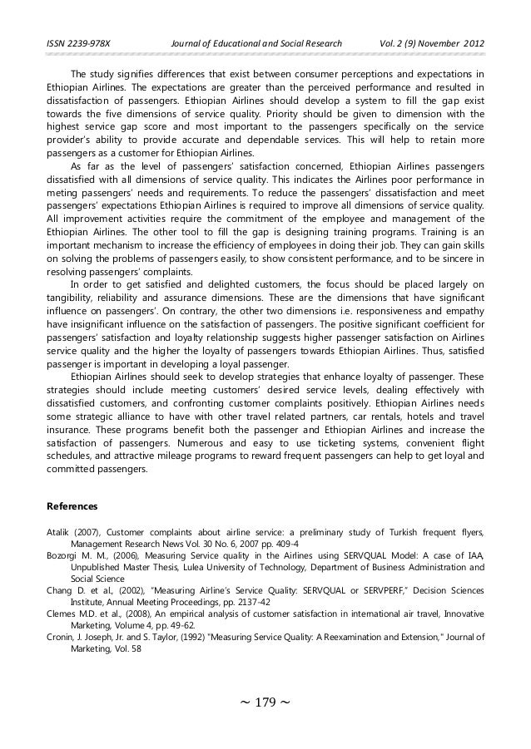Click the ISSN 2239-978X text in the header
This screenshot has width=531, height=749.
point(76,43)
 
